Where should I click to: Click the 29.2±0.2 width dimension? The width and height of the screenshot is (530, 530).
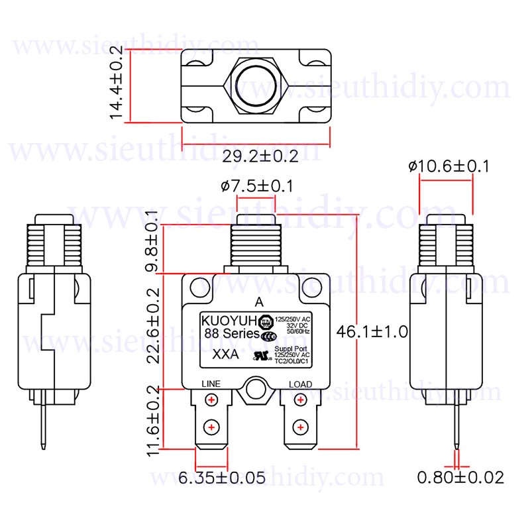[x=260, y=156]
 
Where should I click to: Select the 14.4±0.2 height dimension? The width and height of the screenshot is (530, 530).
[x=117, y=83]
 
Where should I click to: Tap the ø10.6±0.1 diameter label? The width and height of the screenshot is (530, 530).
[x=449, y=166]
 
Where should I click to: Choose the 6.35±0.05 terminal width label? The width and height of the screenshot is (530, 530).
[x=222, y=478]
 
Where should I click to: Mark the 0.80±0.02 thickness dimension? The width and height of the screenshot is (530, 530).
[x=460, y=477]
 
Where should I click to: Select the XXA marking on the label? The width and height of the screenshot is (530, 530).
[x=226, y=354]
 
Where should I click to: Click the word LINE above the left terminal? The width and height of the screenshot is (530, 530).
[x=211, y=384]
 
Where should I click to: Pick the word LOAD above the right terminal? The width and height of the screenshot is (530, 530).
[x=300, y=384]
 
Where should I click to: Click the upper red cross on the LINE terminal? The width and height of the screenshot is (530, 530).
[x=211, y=399]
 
